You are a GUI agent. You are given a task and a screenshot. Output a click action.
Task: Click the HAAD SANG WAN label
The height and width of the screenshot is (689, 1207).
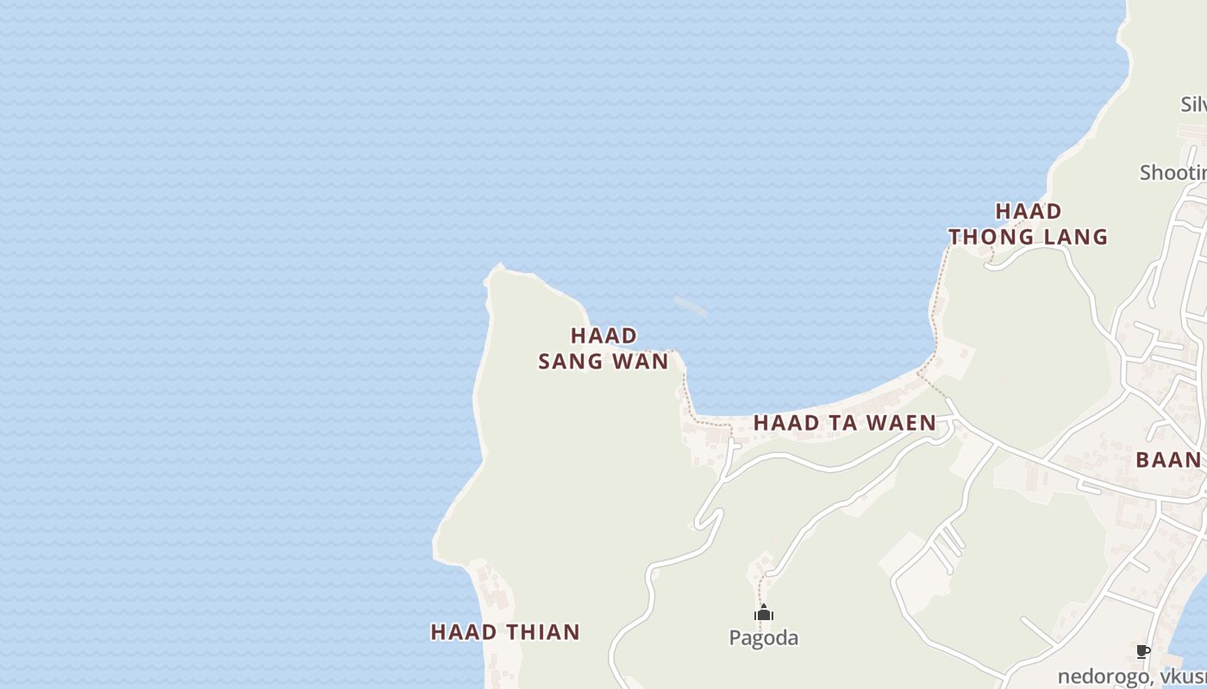[x=603, y=348]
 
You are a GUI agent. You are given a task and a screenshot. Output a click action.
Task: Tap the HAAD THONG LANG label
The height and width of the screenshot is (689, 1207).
[x=1028, y=224]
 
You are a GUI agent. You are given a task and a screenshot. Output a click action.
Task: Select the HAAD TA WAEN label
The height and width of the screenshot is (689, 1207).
[x=844, y=423]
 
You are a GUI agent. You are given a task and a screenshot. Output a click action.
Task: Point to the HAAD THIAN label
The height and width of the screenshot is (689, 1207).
[x=505, y=632]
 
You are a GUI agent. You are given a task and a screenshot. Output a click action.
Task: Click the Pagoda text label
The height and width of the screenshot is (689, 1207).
[x=764, y=638]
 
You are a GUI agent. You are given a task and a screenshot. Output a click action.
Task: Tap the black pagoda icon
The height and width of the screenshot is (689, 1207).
[x=764, y=613]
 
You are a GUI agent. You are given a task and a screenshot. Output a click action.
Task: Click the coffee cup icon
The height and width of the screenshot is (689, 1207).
[x=1143, y=652]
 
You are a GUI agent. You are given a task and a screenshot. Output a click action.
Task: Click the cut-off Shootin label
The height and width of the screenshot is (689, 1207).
[x=1173, y=172]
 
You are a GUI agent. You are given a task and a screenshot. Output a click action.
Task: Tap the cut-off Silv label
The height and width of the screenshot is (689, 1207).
[x=1193, y=104]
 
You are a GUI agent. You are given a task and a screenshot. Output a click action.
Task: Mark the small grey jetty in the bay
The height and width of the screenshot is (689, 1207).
[x=691, y=306]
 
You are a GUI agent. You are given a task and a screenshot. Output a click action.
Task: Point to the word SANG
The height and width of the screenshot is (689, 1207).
[x=569, y=362]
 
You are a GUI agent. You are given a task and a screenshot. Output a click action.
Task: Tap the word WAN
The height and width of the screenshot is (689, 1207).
[x=641, y=362]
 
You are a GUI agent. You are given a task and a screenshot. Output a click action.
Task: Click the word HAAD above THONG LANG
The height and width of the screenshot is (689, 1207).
[x=1029, y=211]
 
